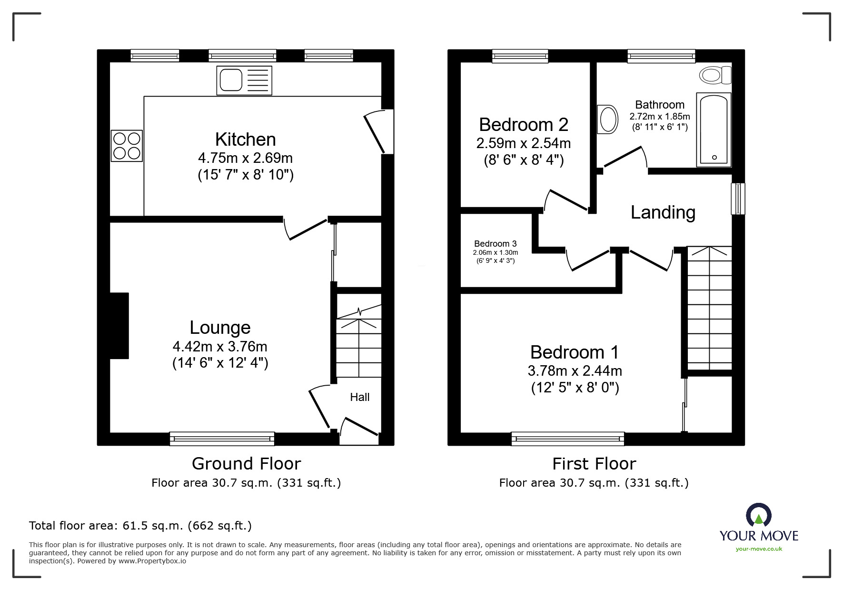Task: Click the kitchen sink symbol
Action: (244, 80)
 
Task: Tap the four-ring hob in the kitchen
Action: (127, 146)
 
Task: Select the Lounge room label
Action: (220, 328)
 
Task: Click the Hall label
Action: (359, 397)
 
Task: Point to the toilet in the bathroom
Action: (714, 75)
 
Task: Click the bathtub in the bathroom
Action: (713, 130)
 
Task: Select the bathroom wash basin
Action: (608, 119)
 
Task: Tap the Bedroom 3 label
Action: (495, 244)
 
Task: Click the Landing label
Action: (663, 212)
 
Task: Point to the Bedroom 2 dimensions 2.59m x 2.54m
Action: (523, 143)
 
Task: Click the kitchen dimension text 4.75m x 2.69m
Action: (245, 158)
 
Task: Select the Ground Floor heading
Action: (246, 463)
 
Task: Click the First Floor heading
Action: (594, 463)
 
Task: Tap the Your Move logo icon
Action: (758, 516)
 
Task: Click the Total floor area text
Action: (140, 526)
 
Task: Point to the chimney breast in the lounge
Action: (119, 325)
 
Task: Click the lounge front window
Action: (222, 439)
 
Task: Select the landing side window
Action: (738, 199)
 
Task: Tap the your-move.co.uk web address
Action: (759, 549)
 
